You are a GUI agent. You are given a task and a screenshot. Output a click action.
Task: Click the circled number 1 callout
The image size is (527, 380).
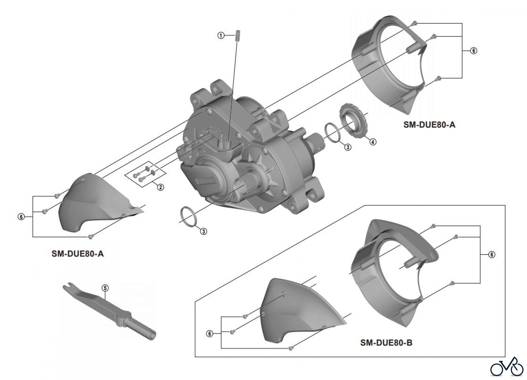pyautogui.click(x=221, y=35)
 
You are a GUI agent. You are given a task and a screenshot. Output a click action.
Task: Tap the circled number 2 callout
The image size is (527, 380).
pyautogui.click(x=160, y=187)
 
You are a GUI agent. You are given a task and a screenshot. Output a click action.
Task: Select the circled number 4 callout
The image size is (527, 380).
pyautogui.click(x=372, y=142)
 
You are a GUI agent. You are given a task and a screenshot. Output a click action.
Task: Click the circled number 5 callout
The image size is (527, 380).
pyautogui.click(x=105, y=288)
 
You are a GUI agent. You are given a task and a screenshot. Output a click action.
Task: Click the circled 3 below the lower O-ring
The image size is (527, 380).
pyautogui.click(x=203, y=231)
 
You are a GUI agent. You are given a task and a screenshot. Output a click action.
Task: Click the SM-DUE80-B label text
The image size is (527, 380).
pyautogui.click(x=386, y=343)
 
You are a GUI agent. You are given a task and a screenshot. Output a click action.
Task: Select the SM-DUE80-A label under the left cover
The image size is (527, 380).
pyautogui.click(x=78, y=253)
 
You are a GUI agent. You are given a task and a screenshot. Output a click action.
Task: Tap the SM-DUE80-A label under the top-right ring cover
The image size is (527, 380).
pyautogui.click(x=429, y=125)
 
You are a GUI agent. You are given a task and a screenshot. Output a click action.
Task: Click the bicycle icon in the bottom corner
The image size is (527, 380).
pyautogui.click(x=507, y=367)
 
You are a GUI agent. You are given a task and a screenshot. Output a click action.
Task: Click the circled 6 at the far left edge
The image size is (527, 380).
pyautogui.click(x=21, y=217)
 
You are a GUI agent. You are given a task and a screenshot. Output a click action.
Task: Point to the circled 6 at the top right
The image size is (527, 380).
pyautogui.click(x=473, y=51)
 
